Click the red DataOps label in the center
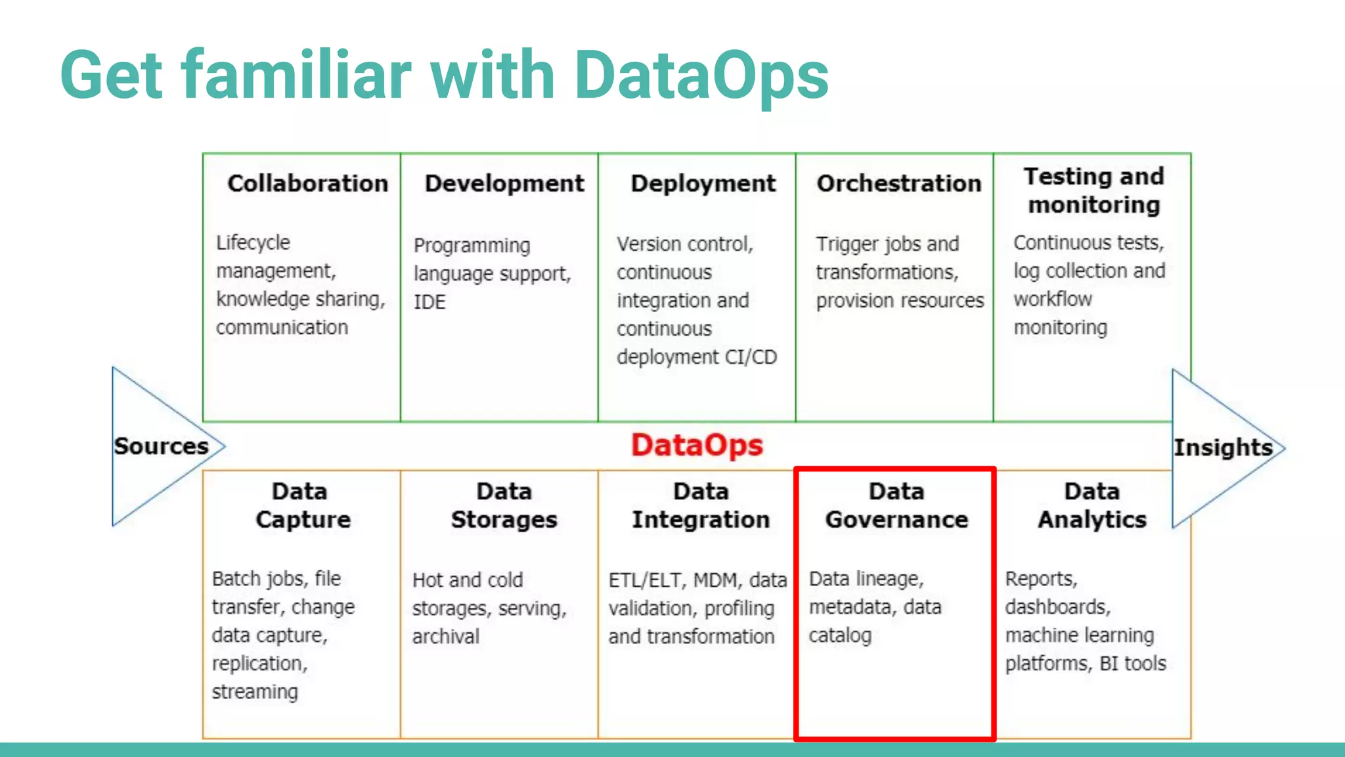697,445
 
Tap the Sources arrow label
161,446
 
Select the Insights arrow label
1223,447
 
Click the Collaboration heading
307,183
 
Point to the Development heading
504,183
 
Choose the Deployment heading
703,183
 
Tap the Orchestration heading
898,183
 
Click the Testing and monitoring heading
1093,191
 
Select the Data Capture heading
302,505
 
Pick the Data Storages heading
504,505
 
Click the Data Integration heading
701,505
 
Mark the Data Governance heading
896,505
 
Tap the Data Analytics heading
1092,505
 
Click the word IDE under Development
430,302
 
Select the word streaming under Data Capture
255,692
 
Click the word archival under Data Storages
446,636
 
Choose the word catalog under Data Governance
840,635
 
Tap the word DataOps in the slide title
701,76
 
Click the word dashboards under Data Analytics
1057,607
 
